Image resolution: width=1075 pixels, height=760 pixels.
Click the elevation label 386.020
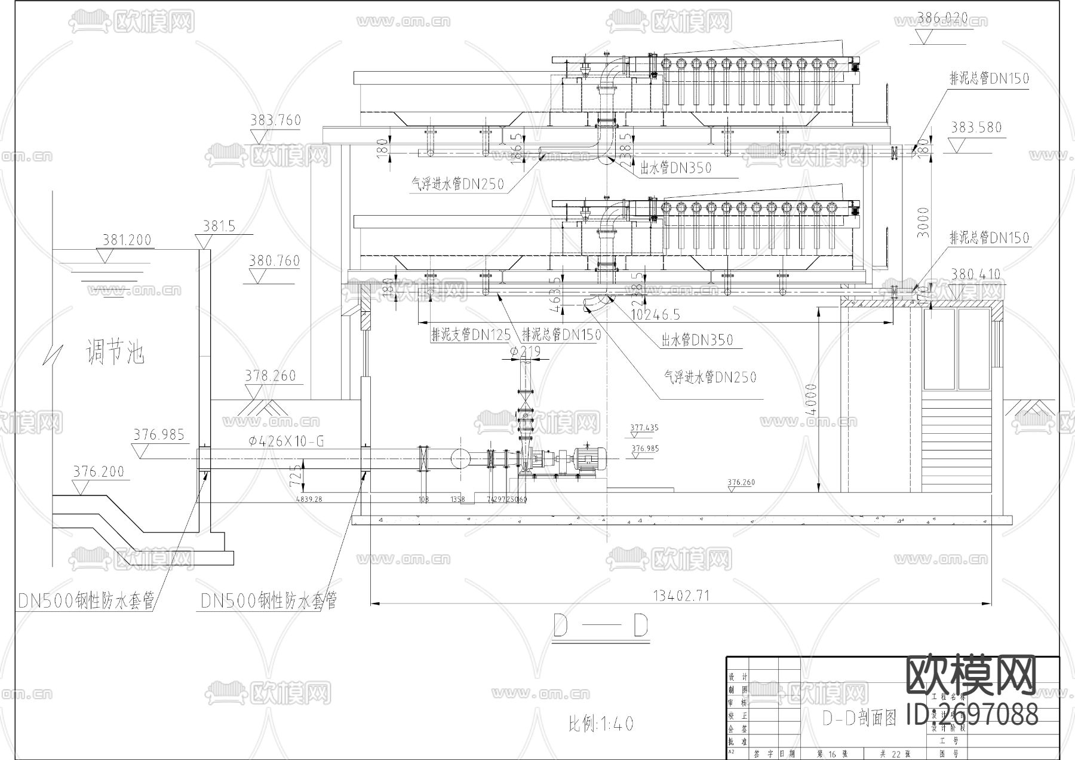coord(942,19)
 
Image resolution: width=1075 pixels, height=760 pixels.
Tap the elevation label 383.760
coord(275,121)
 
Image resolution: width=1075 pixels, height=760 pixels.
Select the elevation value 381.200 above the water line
coord(127,240)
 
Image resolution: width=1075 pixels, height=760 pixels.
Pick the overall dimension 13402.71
coord(681,595)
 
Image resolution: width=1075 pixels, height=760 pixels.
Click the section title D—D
coord(601,627)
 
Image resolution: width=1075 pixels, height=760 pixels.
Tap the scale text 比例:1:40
coord(600,724)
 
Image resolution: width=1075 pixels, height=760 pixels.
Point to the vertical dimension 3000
coord(923,222)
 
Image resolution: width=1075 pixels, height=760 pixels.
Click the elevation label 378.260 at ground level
coord(271,376)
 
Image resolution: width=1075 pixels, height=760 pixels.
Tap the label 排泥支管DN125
coord(471,335)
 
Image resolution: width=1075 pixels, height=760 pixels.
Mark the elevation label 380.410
coord(975,275)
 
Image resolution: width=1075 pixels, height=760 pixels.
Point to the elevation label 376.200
coord(99,472)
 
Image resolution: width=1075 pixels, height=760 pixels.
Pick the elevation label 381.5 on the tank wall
coord(219,226)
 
